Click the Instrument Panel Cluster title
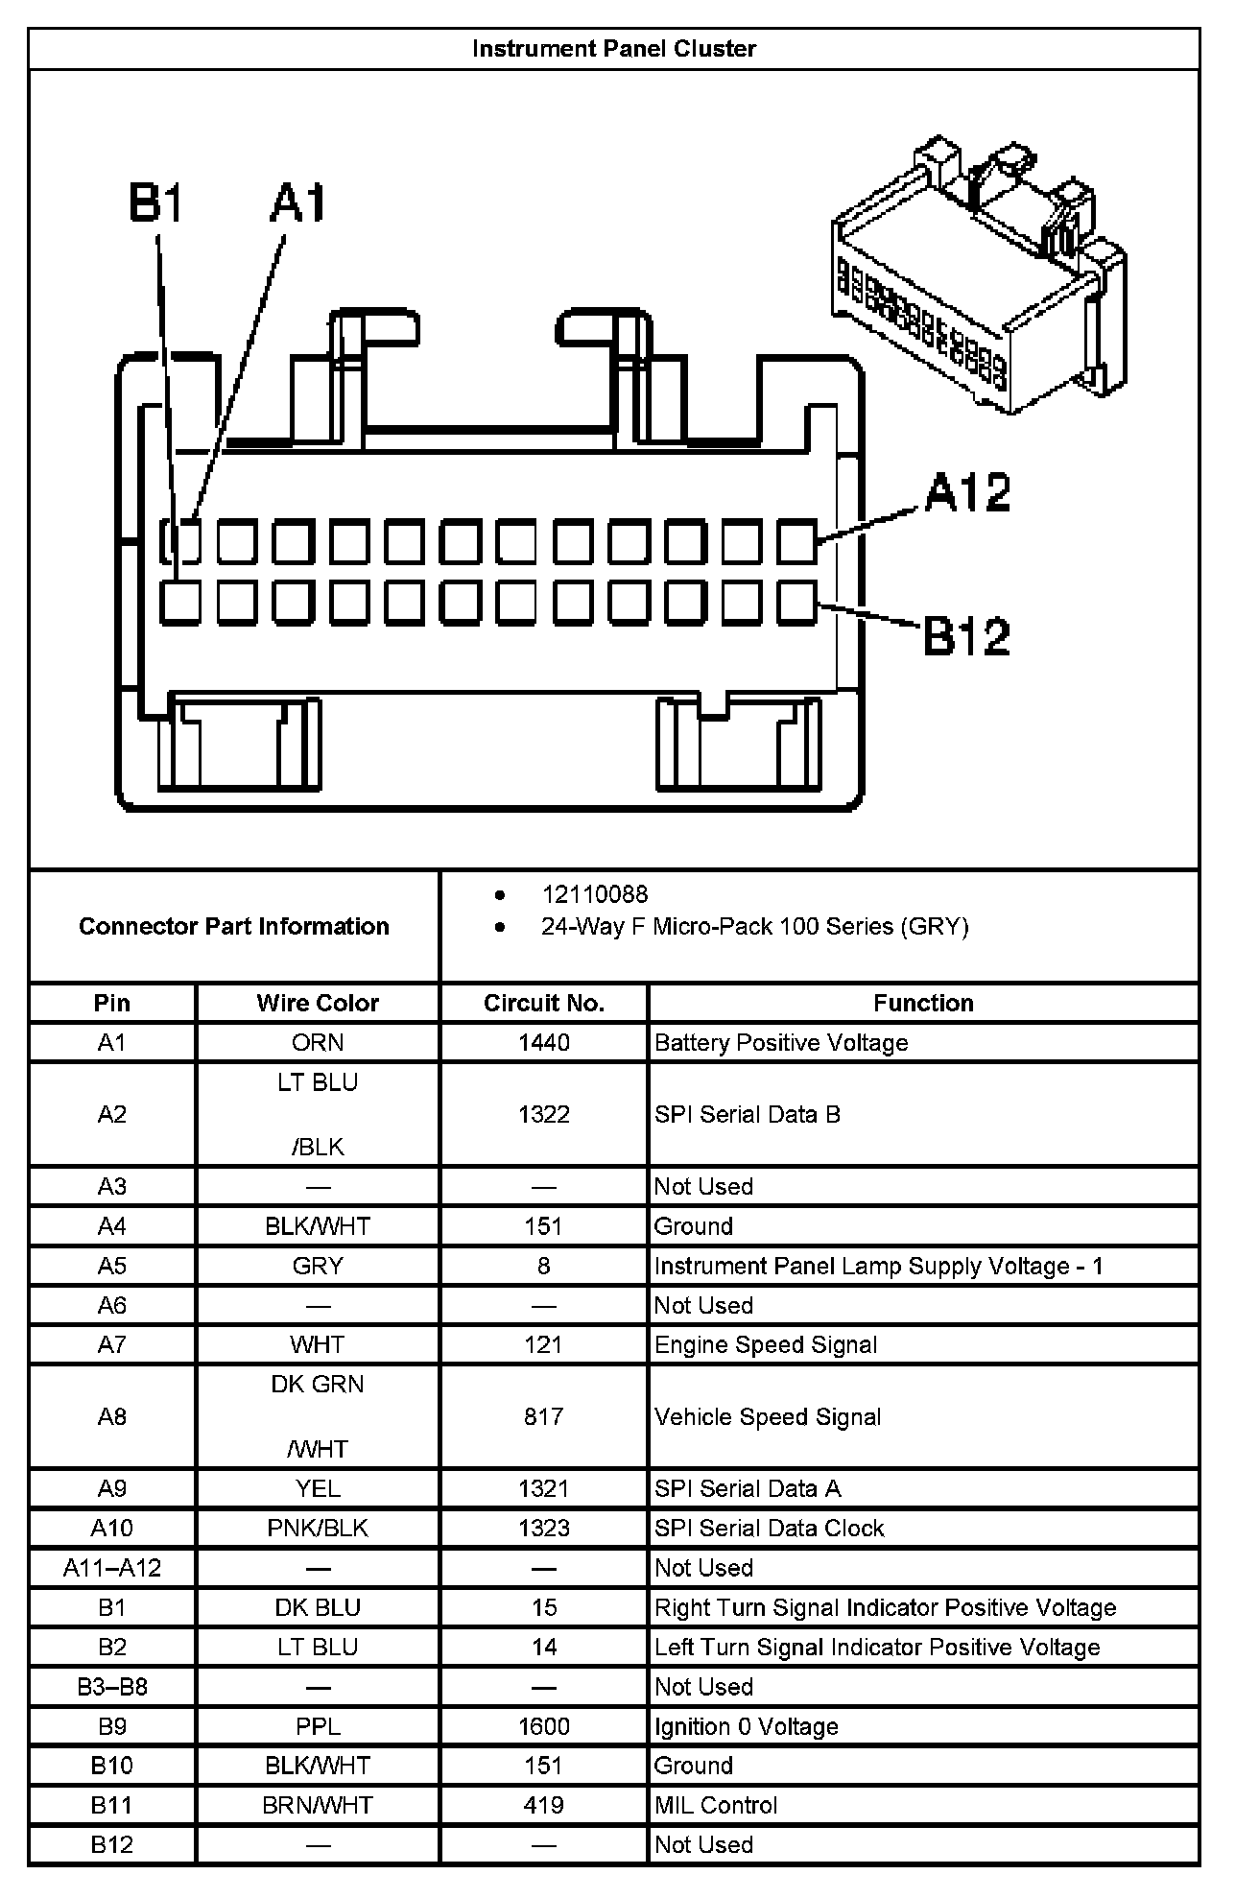(614, 49)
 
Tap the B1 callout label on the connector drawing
(155, 203)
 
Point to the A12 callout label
(967, 492)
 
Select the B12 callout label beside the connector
(966, 636)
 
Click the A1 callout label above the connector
(298, 203)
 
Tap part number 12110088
(595, 894)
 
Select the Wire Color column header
(318, 1003)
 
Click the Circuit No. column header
(543, 1003)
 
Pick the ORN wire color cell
(318, 1043)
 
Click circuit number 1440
(543, 1043)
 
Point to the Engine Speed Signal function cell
(766, 1345)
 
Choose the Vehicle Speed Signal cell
(768, 1417)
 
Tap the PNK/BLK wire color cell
(318, 1529)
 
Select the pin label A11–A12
(112, 1568)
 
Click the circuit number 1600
(543, 1727)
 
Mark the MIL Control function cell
(716, 1806)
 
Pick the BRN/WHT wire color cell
(318, 1806)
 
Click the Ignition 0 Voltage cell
(747, 1727)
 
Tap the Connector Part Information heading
(234, 926)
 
